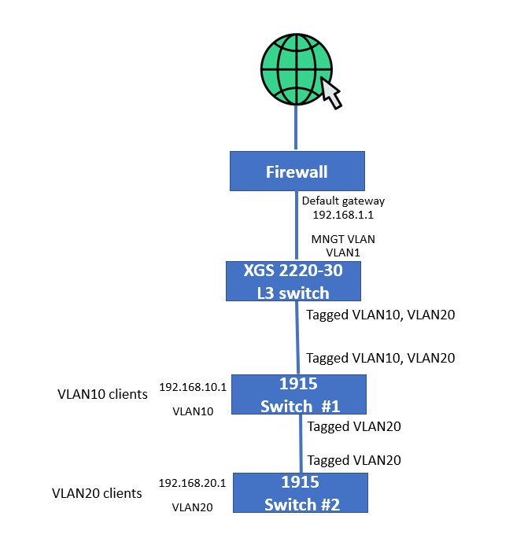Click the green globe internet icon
coord(296,69)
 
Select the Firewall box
coord(297,171)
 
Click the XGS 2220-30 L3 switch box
coord(293,281)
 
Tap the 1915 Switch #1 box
coord(299,394)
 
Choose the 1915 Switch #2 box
coord(301,492)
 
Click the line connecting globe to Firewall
coord(296,127)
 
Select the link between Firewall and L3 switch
coord(297,226)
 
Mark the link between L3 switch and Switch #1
coord(297,337)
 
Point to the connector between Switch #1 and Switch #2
coord(301,444)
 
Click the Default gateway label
coord(343,201)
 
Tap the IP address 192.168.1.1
coord(343,215)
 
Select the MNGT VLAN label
coord(343,239)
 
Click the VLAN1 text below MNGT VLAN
coord(343,252)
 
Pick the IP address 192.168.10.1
coord(193,387)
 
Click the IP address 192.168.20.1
coord(192,483)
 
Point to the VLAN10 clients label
coord(102,394)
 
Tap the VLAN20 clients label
coord(97,493)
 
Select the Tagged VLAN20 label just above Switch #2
coord(354,460)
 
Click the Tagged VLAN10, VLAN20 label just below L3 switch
coord(381,315)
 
